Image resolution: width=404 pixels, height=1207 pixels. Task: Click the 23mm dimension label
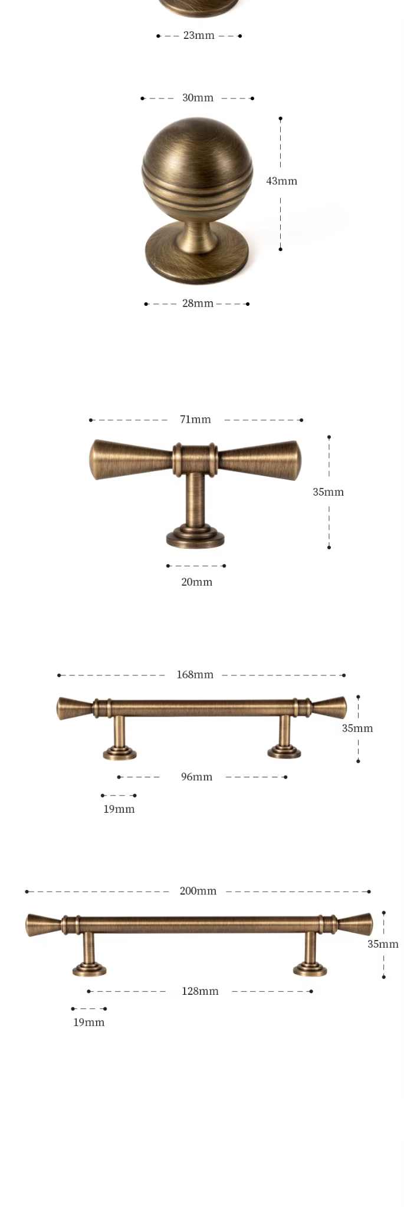coord(199,35)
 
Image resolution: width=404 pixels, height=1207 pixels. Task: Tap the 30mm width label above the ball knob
coord(198,98)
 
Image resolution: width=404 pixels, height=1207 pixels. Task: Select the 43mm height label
coord(281,181)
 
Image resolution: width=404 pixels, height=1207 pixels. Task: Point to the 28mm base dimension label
coord(198,304)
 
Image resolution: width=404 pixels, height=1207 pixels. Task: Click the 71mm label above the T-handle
coord(195,420)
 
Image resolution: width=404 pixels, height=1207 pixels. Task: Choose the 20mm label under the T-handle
coord(196,582)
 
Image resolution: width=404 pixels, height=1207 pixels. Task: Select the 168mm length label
coord(195,675)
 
